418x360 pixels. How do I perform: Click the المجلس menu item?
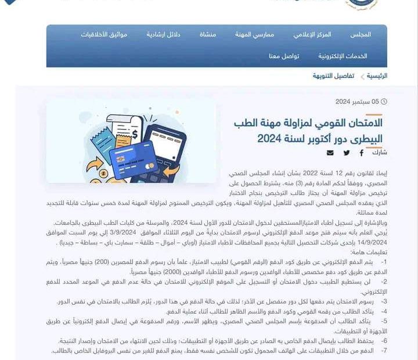pyautogui.click(x=361, y=35)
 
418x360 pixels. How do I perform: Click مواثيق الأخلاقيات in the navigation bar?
pyautogui.click(x=104, y=35)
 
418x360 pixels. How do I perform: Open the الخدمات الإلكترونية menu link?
pyautogui.click(x=343, y=56)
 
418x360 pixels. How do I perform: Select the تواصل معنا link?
pyautogui.click(x=284, y=56)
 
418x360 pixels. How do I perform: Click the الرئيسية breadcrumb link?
pyautogui.click(x=377, y=76)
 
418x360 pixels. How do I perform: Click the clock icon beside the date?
pyautogui.click(x=384, y=102)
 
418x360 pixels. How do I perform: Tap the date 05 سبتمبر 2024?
pyautogui.click(x=357, y=102)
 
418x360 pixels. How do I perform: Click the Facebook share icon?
pyautogui.click(x=361, y=153)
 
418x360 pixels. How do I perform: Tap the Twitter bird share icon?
pyautogui.click(x=347, y=153)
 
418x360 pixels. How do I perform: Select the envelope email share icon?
pyautogui.click(x=330, y=153)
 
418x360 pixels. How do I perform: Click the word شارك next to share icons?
pyautogui.click(x=379, y=153)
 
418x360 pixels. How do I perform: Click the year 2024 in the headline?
pyautogui.click(x=269, y=139)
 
